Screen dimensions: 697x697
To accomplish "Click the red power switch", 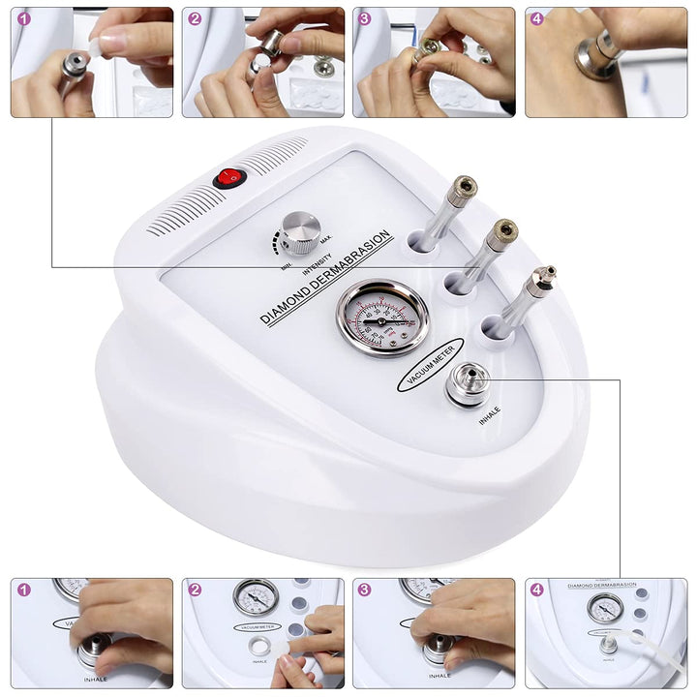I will coord(229,177).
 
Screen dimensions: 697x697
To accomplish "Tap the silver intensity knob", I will coord(301,232).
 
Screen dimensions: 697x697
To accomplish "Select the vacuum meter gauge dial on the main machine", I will coord(383,318).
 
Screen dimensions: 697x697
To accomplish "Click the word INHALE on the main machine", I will coord(490,415).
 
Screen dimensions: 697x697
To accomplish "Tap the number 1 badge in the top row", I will coord(24,18).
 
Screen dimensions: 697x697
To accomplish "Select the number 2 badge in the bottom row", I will coord(195,589).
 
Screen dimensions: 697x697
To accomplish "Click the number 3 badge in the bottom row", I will coord(365,589).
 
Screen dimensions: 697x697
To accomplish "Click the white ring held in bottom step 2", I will coord(259,645).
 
